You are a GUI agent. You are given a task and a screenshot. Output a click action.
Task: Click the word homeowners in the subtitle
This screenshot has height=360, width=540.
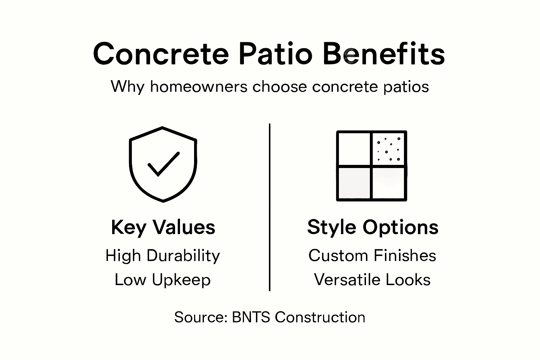tap(199, 86)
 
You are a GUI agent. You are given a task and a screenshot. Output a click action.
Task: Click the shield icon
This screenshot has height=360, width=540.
tap(163, 164)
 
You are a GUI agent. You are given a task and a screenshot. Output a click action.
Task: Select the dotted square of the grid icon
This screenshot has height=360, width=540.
tap(389, 148)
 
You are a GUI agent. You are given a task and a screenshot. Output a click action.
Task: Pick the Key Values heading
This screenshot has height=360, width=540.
tap(163, 227)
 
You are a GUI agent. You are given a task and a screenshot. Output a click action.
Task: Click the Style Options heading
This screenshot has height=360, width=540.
tap(373, 227)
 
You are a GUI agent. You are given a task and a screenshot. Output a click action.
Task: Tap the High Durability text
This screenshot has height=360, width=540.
tap(162, 256)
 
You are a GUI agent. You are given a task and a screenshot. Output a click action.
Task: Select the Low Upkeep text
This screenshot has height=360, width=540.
tap(162, 280)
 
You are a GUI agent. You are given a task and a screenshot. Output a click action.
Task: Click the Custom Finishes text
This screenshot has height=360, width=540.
tap(372, 256)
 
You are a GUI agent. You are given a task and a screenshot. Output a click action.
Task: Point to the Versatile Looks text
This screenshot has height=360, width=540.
tap(372, 280)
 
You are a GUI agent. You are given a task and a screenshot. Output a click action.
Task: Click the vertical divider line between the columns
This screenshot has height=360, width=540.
tap(270, 207)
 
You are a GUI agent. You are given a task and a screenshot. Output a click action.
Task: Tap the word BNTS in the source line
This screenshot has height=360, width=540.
tap(251, 317)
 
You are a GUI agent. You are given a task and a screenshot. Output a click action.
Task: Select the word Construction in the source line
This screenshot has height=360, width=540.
tap(320, 317)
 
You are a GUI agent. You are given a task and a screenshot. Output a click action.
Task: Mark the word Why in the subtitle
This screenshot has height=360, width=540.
tap(127, 86)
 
